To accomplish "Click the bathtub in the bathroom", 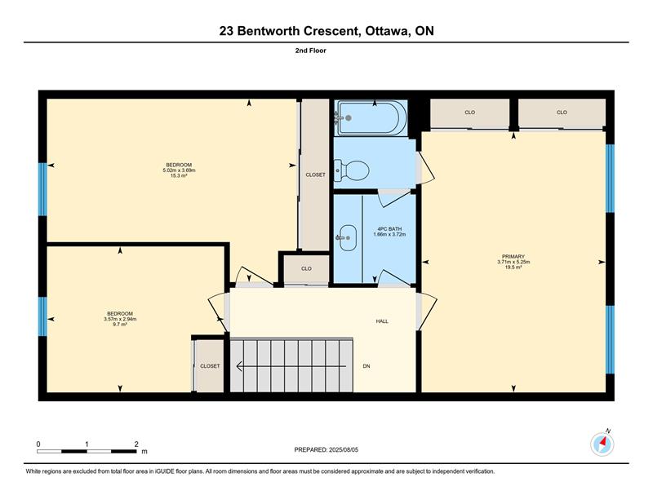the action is [372, 117].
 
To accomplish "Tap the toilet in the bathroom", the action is [353, 170].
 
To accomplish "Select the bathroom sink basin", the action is [348, 237].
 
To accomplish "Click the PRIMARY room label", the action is [513, 257].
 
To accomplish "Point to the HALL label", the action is [382, 321].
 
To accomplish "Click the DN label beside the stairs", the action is [366, 366].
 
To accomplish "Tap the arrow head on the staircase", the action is [240, 366].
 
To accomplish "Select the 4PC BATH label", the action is [389, 229].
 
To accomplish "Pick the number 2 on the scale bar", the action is [136, 444].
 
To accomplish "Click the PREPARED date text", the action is [326, 450].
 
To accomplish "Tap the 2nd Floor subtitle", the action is [311, 51].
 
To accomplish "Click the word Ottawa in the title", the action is [385, 31].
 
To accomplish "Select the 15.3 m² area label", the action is [179, 175].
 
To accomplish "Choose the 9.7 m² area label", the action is [120, 325].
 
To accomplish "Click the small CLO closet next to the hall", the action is [307, 269].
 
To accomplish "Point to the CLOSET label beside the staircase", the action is [210, 366].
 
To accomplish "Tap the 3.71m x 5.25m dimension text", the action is [513, 263].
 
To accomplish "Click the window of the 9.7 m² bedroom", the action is [42, 316].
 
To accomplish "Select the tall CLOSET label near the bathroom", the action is [315, 175].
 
